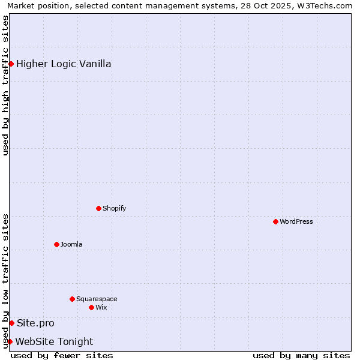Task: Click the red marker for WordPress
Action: pos(275,221)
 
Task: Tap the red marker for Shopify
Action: pos(98,208)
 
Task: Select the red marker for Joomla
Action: pos(56,244)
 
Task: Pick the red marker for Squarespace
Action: pos(72,299)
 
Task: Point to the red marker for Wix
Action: pos(91,307)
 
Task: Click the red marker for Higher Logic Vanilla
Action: pos(11,64)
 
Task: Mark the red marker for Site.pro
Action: pos(11,323)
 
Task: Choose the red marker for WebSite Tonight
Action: pos(10,341)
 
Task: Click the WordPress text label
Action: pos(296,221)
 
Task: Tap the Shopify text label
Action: pos(114,208)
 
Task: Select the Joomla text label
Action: pos(71,244)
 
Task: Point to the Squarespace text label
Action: pos(97,299)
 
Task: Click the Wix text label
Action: pos(101,307)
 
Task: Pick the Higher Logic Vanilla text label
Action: pos(64,64)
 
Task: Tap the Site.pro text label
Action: pos(35,323)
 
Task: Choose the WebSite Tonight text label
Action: pos(54,341)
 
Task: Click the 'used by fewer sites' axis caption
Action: pos(62,355)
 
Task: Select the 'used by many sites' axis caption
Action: pos(301,355)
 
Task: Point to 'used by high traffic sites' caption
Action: pos(5,85)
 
